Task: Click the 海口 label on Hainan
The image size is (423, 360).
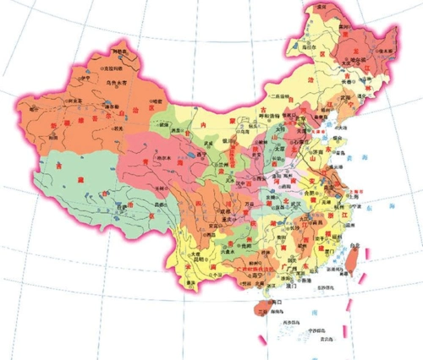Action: pos(273,301)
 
